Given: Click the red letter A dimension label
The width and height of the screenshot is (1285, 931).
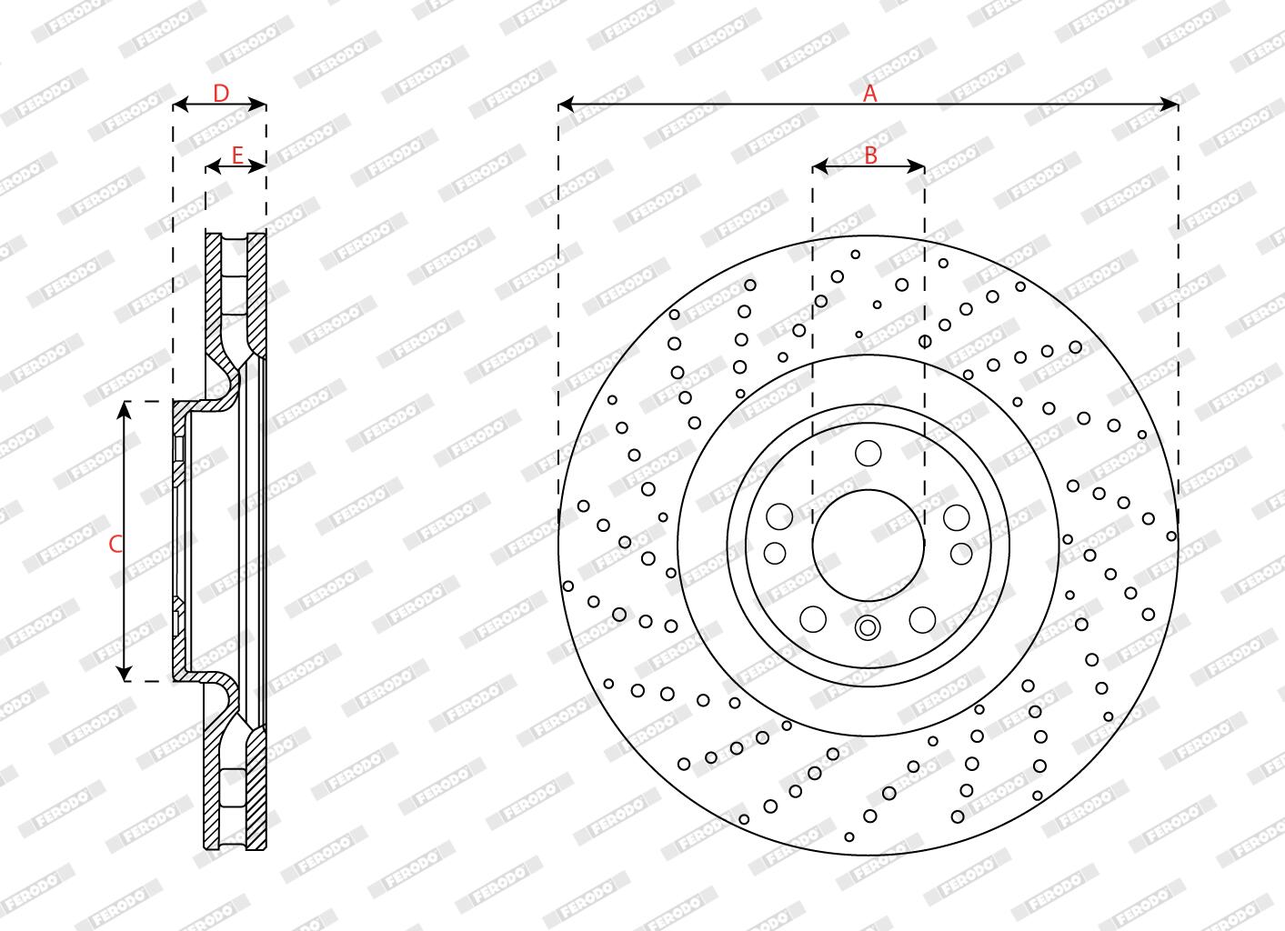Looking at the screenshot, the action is (x=869, y=93).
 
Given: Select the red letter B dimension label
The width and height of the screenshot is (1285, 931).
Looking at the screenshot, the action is (x=870, y=155).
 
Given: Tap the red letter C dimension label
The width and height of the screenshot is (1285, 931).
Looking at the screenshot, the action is (x=115, y=544).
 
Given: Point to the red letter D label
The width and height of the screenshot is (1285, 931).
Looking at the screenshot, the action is (x=221, y=93).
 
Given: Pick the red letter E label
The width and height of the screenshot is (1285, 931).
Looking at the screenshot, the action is (x=237, y=155).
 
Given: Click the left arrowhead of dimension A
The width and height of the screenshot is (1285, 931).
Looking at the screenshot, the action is (x=567, y=105).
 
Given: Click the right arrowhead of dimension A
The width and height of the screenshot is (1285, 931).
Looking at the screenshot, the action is (x=1170, y=105).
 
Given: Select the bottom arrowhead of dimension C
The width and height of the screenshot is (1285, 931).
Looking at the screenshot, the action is (x=124, y=673).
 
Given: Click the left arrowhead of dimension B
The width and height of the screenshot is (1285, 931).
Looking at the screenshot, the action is (x=821, y=167).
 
